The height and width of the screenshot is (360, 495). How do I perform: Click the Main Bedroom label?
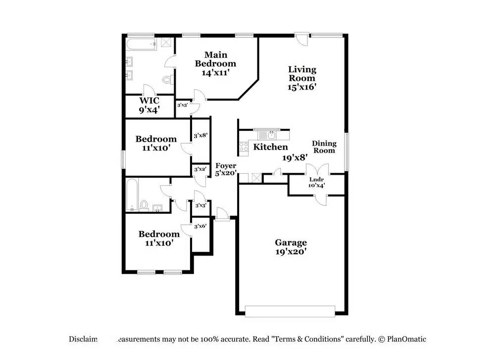click(215, 59)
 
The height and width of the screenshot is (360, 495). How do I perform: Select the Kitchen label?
click(270, 147)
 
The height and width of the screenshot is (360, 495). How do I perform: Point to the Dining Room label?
click(324, 147)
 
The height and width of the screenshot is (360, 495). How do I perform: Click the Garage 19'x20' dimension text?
click(291, 252)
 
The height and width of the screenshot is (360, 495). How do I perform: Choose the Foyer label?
click(225, 166)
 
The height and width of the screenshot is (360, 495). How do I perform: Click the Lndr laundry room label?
click(316, 180)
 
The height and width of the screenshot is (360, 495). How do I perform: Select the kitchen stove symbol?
click(244, 147)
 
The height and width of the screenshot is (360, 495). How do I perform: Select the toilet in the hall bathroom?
click(144, 205)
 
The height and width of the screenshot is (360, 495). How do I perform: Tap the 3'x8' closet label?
click(200, 135)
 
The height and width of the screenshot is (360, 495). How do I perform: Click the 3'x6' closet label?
click(200, 226)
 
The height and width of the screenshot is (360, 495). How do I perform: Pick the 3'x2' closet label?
click(200, 169)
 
